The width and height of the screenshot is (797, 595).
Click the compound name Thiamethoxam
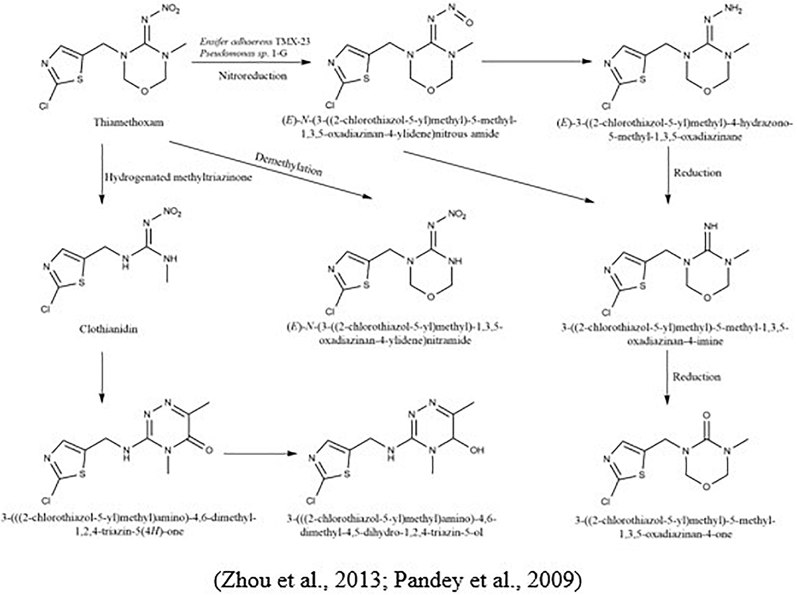129,122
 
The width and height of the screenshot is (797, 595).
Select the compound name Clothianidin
108,329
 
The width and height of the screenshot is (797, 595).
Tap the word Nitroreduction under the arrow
253,75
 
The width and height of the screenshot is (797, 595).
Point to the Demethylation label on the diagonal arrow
289,164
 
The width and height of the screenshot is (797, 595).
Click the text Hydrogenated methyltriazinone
178,177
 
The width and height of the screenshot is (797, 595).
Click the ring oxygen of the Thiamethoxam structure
143,89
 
